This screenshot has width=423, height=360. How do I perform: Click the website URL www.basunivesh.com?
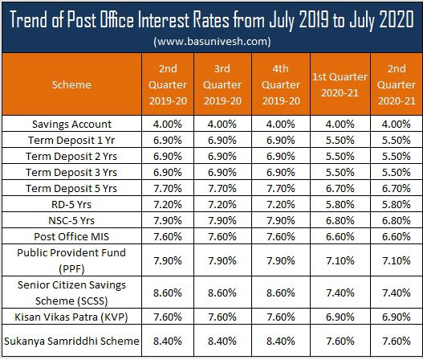(x=212, y=41)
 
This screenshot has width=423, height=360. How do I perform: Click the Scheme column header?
(x=71, y=85)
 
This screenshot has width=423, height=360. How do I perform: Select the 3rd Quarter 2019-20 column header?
(x=222, y=85)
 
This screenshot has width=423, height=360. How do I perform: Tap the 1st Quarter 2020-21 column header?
(x=340, y=85)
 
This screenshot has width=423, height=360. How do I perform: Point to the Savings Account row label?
(x=71, y=125)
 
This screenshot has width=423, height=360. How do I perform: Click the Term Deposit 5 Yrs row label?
(x=71, y=189)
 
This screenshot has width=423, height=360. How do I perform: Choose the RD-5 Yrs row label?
(x=71, y=204)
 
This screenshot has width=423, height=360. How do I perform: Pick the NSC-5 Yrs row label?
(x=71, y=221)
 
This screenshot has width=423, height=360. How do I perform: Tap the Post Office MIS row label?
(x=71, y=236)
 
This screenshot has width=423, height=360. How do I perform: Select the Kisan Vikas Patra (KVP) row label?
(x=71, y=317)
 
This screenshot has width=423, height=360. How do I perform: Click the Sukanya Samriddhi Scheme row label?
(x=71, y=341)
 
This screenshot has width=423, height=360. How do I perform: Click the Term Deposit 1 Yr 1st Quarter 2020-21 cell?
(x=340, y=141)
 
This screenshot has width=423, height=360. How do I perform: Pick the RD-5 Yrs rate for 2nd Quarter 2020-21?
(x=397, y=204)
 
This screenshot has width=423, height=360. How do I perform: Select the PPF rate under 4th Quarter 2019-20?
(x=281, y=261)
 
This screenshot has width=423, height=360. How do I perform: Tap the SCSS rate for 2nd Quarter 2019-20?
(x=168, y=293)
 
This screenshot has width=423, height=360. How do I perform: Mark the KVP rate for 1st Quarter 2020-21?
(x=340, y=317)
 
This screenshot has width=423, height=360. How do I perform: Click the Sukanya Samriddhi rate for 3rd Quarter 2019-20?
(x=222, y=341)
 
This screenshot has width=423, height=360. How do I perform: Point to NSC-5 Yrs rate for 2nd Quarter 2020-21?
(x=397, y=221)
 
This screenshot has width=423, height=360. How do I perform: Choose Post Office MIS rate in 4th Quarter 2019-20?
(x=281, y=236)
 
